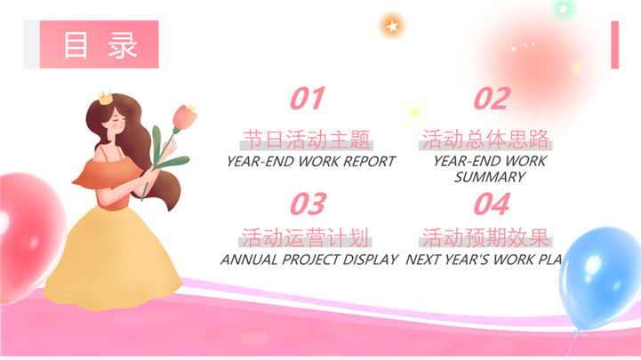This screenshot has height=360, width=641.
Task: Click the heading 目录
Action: (x=100, y=45)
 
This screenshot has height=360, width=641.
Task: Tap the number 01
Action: (x=308, y=99)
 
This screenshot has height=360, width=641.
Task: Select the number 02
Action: (x=492, y=99)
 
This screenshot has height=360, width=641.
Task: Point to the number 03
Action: (x=308, y=204)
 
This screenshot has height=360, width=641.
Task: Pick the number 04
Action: (x=492, y=204)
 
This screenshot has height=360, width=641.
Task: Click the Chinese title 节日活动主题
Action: (x=307, y=140)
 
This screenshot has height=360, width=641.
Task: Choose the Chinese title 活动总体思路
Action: (x=485, y=139)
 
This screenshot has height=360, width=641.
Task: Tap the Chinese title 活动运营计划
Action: (x=305, y=237)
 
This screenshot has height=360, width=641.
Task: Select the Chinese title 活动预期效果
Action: (x=485, y=237)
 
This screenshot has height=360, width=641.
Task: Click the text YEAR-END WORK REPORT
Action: (x=311, y=162)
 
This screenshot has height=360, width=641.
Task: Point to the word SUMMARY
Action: (x=490, y=177)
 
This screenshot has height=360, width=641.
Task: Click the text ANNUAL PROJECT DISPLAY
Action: (x=309, y=260)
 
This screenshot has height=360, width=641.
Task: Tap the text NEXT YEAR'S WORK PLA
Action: (x=484, y=260)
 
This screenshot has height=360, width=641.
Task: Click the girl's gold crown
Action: (x=105, y=97)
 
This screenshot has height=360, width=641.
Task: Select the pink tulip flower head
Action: (x=185, y=116)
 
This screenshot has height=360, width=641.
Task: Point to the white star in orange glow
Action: (x=392, y=27)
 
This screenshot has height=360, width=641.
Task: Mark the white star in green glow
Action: (x=564, y=8)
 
